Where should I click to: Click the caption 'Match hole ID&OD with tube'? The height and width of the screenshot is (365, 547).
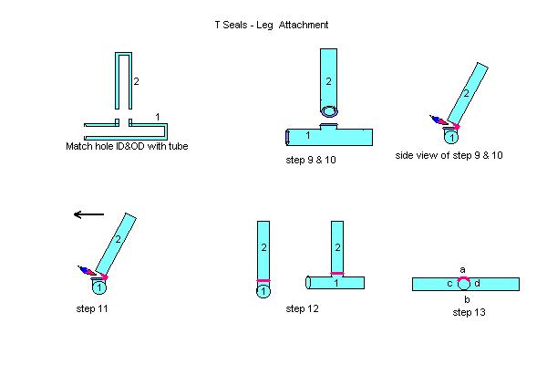click(x=127, y=146)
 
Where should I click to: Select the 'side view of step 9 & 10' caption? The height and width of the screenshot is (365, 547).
click(x=449, y=155)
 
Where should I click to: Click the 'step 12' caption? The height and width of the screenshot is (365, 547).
click(x=303, y=309)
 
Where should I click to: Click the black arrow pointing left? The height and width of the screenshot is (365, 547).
click(x=89, y=214)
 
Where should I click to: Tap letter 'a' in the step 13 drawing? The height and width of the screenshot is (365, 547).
click(x=462, y=269)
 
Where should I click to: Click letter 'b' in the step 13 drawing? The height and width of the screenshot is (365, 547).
click(x=466, y=299)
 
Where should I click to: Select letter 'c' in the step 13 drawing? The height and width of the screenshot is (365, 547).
click(x=449, y=284)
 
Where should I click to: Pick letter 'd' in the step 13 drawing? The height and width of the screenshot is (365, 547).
click(x=477, y=284)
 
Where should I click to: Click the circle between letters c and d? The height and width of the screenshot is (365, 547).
click(x=463, y=284)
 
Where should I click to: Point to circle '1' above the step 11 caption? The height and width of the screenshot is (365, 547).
click(x=98, y=287)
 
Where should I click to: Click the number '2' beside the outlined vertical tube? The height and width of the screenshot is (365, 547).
click(x=136, y=82)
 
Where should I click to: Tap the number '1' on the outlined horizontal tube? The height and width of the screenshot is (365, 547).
click(x=158, y=116)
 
